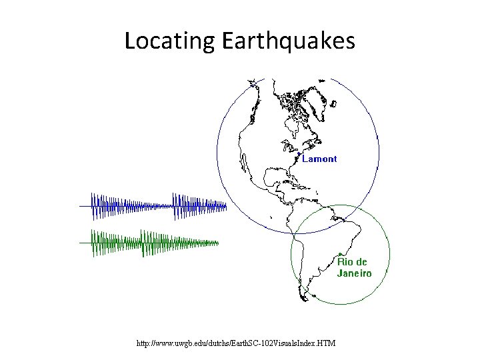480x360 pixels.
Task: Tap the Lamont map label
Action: pos(319,159)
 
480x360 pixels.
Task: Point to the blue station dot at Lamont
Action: pos(299,157)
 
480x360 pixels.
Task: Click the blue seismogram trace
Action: pos(160,206)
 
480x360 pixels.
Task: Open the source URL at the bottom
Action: pos(235,343)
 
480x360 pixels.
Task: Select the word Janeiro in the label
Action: pos(354,273)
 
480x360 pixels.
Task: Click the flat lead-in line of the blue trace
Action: pos(85,206)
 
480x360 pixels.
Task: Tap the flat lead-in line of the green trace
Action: pos(85,243)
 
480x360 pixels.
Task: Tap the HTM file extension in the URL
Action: pos(327,343)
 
